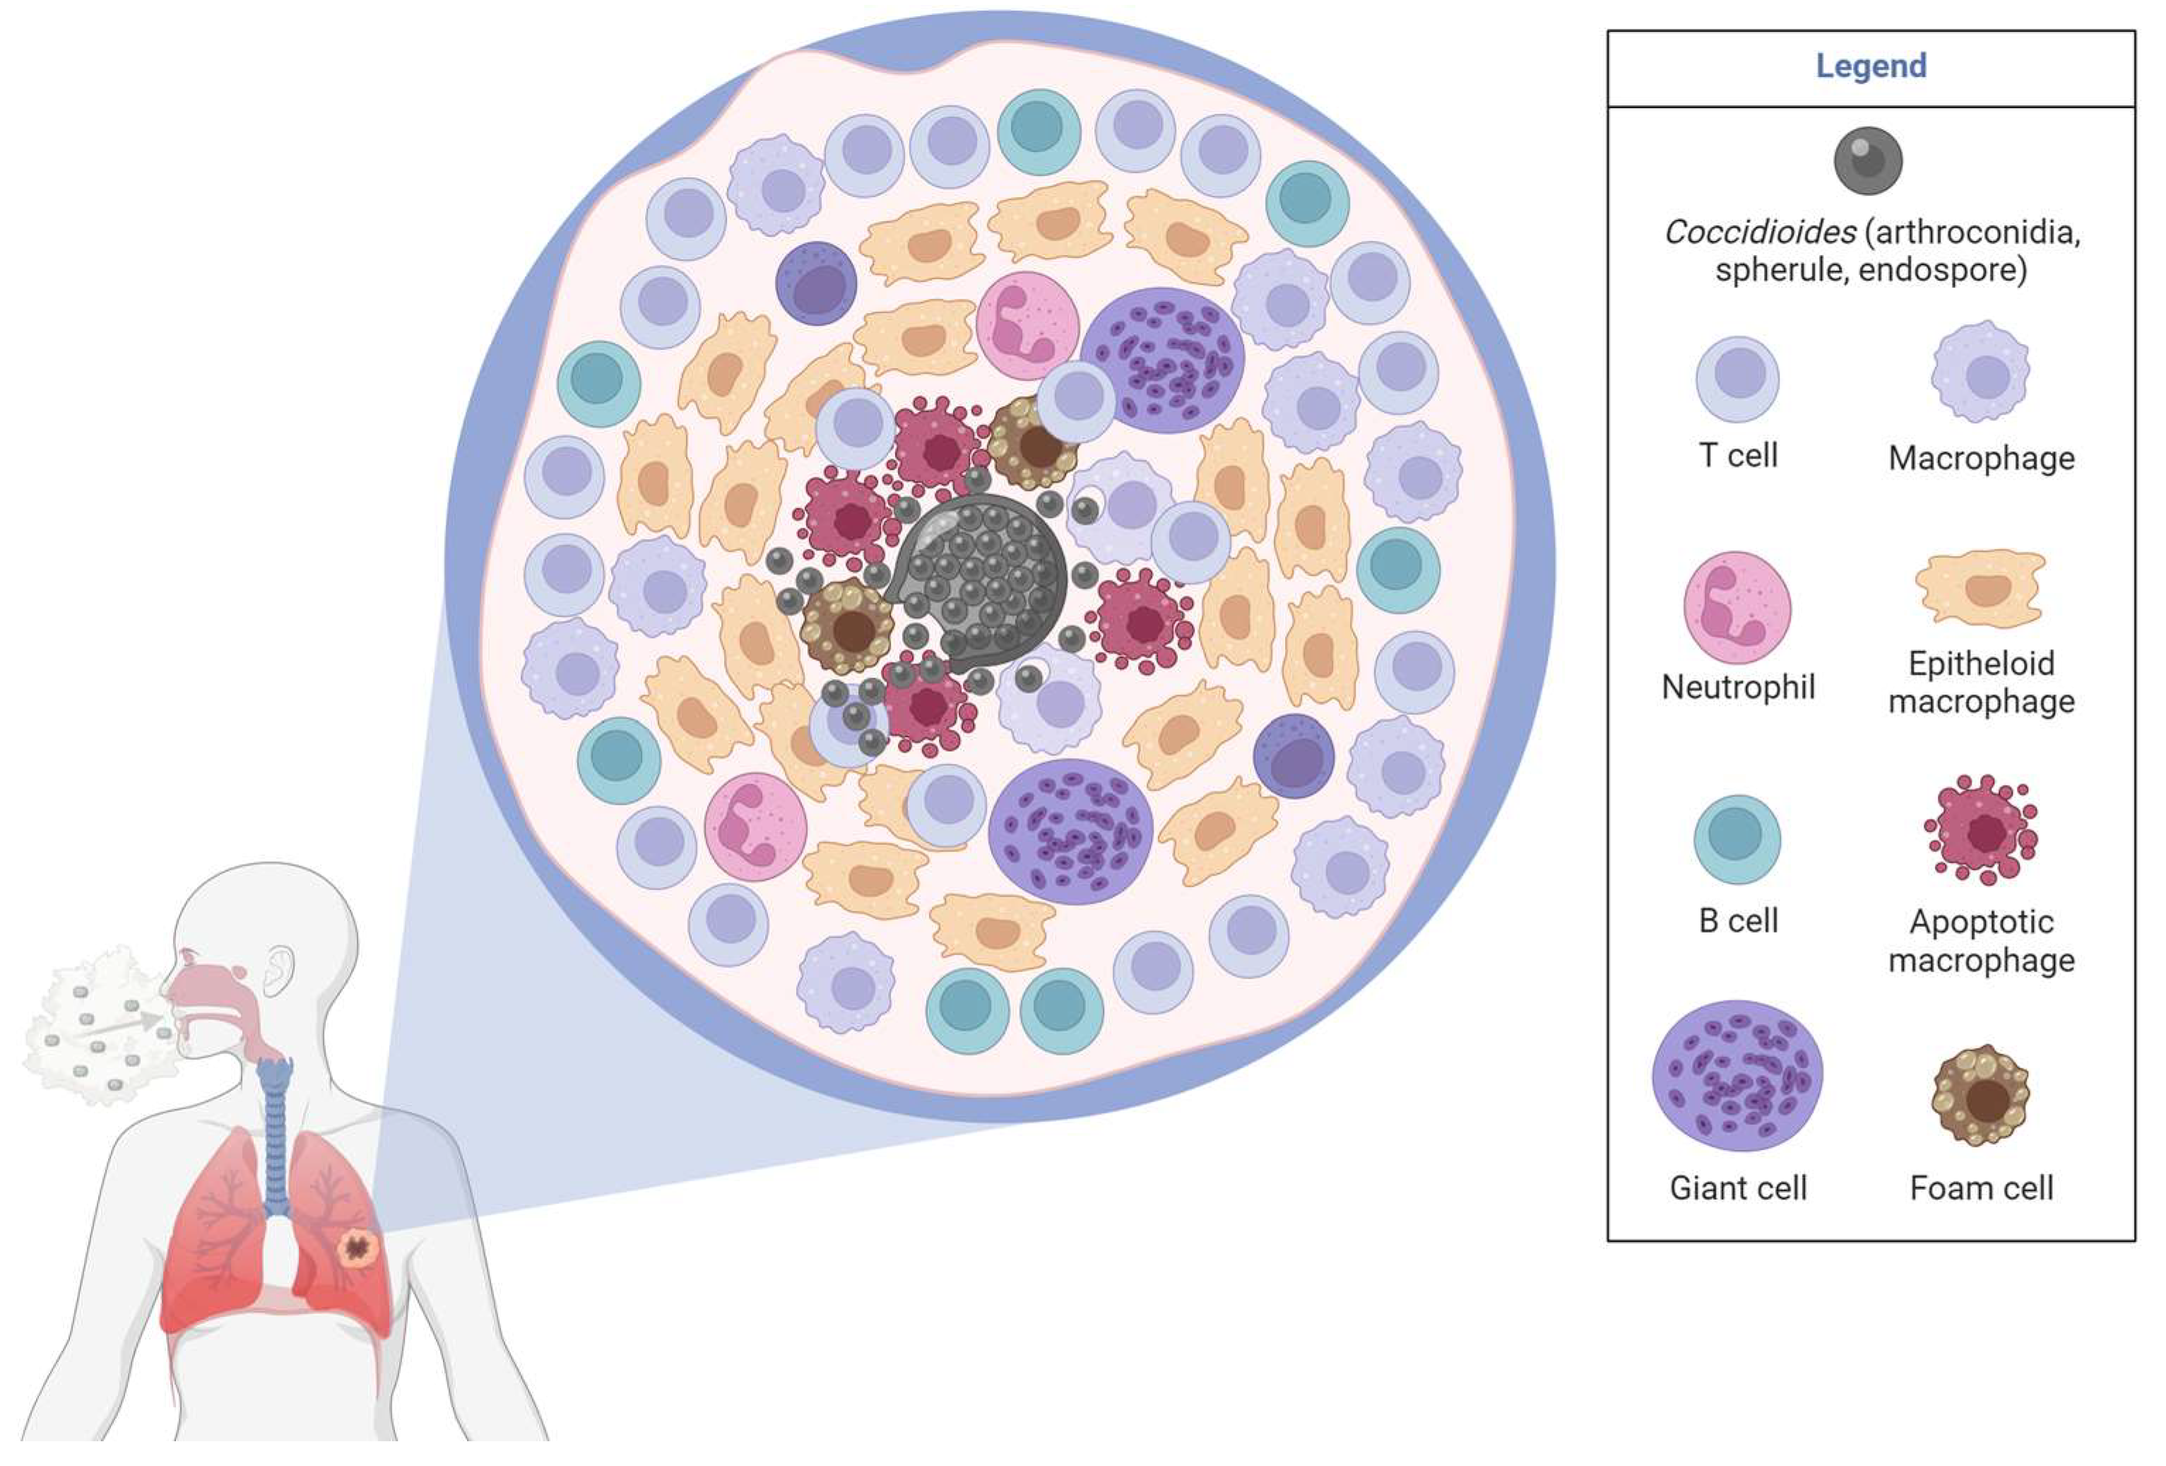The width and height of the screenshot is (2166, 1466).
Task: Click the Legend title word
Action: (1871, 66)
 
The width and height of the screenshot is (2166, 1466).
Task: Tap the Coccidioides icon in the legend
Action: (1868, 160)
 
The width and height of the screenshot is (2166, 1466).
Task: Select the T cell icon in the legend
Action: (1737, 379)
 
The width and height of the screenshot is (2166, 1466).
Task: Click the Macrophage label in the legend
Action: (1982, 459)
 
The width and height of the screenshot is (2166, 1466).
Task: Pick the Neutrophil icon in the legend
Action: (1736, 607)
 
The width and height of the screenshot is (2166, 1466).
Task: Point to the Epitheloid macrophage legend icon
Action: (1980, 588)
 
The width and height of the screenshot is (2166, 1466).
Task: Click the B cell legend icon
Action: (1736, 839)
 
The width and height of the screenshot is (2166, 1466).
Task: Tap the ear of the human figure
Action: (278, 969)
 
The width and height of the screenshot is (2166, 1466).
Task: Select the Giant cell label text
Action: (1737, 1188)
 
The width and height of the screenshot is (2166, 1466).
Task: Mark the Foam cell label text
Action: (1982, 1188)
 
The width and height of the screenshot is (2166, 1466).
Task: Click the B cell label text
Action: (1737, 921)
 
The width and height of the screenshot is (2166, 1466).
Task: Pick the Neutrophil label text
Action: (1737, 688)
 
